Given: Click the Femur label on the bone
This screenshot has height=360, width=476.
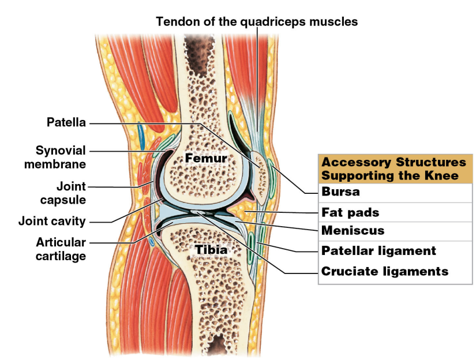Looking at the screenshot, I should pyautogui.click(x=205, y=157).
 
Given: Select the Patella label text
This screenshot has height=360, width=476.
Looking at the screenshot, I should pyautogui.click(x=66, y=122).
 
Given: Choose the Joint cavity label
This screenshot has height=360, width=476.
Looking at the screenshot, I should pyautogui.click(x=52, y=221).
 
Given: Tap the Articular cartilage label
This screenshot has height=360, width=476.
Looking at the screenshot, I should pyautogui.click(x=61, y=249).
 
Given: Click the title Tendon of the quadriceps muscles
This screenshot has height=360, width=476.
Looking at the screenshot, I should pyautogui.click(x=257, y=22).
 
